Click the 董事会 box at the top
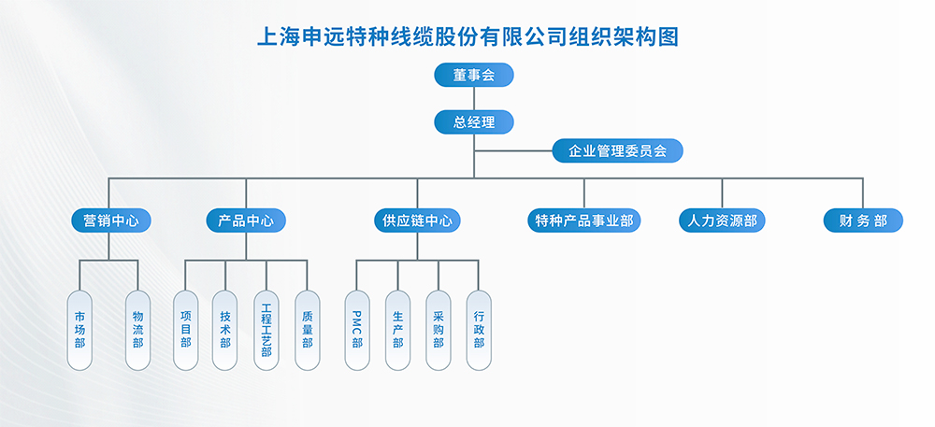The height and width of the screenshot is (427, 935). coord(474,75)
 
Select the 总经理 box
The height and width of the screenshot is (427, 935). coord(474,121)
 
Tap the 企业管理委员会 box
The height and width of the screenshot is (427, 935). coord(617,150)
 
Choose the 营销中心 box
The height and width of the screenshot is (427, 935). coord(111,221)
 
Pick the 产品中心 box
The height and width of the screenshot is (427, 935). coord(246,221)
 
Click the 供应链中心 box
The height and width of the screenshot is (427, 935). coord(418,221)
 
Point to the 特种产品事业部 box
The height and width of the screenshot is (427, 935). coord(584,221)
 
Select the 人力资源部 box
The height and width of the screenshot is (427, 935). coord(722,221)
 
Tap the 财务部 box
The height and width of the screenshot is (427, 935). coord(863,221)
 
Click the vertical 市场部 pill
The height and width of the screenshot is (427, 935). coord(79,330)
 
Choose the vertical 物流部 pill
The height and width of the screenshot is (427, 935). coord(137,330)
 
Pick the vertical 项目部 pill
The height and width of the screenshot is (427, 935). coord(185,330)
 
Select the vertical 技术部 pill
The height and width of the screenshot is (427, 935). coord(225,330)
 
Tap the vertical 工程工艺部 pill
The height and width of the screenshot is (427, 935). coord(266,330)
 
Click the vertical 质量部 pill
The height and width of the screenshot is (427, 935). coord(307,330)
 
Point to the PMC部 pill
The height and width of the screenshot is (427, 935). coord(357,330)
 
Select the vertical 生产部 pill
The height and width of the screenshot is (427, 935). coord(397,330)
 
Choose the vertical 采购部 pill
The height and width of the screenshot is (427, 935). coord(439,330)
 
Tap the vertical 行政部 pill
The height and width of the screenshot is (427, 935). coord(479,330)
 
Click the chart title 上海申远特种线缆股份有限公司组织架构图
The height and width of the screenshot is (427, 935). coord(467,36)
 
